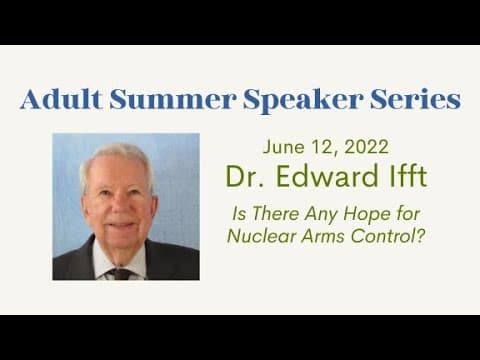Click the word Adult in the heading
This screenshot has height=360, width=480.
tap(61, 99)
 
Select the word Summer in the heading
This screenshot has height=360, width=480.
tap(173, 99)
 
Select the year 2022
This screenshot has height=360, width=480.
tap(366, 147)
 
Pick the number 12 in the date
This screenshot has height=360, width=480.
tap(325, 147)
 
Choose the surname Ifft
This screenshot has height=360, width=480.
tap(409, 176)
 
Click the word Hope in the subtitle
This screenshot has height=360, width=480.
tap(366, 214)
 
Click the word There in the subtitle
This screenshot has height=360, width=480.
tap(275, 214)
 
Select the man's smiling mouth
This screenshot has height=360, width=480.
tap(120, 225)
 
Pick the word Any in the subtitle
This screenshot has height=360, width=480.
tap(321, 214)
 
